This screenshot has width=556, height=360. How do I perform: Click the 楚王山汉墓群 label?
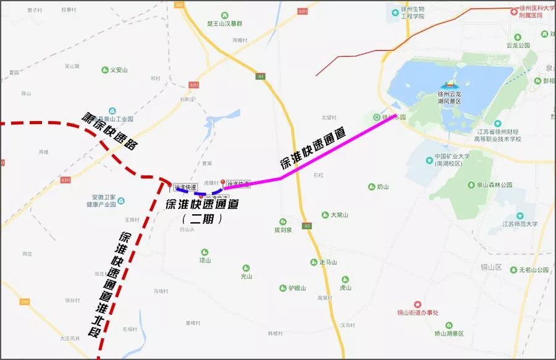[224, 23]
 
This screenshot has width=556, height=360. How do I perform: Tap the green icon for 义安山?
[105, 70]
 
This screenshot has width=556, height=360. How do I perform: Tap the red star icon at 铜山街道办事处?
[418, 304]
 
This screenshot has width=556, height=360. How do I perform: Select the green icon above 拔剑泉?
[283, 221]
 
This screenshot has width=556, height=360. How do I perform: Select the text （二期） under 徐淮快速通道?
[203, 219]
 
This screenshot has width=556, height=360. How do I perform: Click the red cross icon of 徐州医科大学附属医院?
[513, 11]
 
